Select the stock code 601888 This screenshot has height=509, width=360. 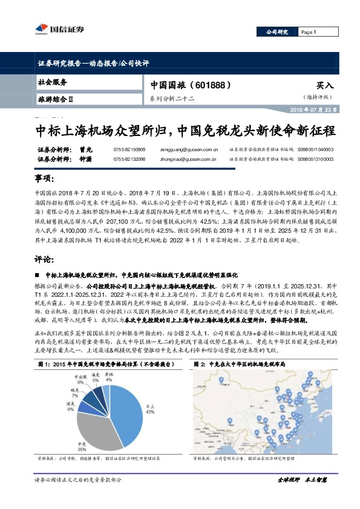[207, 85]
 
